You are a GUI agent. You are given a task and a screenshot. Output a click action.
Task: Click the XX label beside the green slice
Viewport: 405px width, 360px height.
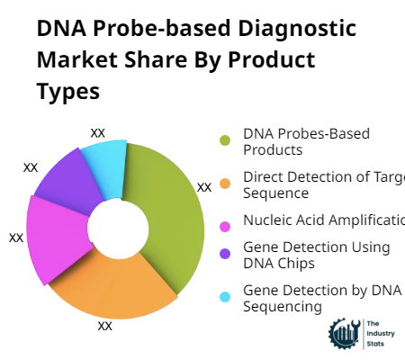pos(204,187)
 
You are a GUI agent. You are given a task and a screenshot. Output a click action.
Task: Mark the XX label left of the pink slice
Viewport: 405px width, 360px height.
pos(16,238)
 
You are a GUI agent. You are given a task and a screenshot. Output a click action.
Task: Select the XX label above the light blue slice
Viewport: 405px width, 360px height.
pos(98,132)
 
